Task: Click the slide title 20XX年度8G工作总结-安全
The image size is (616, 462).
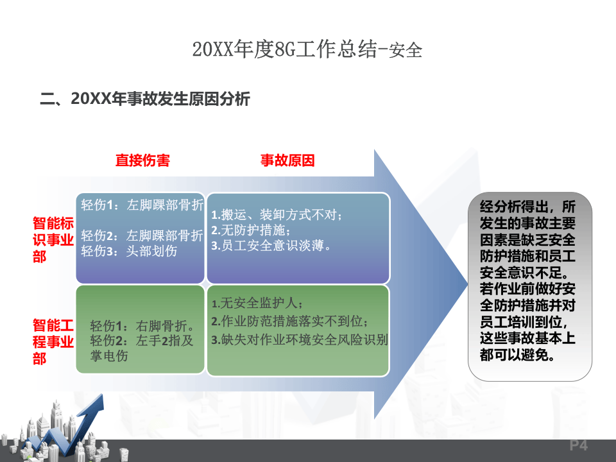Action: point(307,50)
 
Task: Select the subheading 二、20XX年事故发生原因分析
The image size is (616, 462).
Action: point(145,99)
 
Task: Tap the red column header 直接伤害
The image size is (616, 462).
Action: point(142,160)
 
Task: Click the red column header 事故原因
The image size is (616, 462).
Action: point(287,160)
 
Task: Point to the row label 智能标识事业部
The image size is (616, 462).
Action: point(53,240)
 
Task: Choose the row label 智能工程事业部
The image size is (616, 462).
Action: point(53,341)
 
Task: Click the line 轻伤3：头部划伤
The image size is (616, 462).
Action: point(129,251)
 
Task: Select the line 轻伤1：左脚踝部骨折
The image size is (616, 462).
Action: point(142,205)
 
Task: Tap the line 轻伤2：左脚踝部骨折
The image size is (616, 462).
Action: point(142,235)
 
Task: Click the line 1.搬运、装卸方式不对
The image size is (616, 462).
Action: point(277,214)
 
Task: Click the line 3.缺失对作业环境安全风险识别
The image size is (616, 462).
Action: point(299,340)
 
